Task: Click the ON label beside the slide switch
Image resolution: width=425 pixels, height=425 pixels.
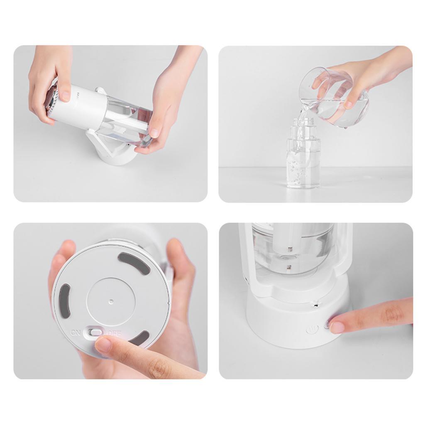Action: pyautogui.click(x=76, y=332)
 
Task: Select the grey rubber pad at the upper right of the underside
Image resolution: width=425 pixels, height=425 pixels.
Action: pyautogui.click(x=134, y=263)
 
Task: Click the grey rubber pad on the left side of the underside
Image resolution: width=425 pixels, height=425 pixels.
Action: pyautogui.click(x=64, y=298)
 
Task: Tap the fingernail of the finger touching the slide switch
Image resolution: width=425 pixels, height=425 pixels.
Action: pyautogui.click(x=103, y=344)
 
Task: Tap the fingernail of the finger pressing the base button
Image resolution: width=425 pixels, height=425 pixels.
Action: pyautogui.click(x=337, y=327)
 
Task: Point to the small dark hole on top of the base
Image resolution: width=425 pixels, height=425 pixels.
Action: pyautogui.click(x=316, y=305)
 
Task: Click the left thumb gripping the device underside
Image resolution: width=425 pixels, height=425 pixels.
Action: pyautogui.click(x=62, y=253)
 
